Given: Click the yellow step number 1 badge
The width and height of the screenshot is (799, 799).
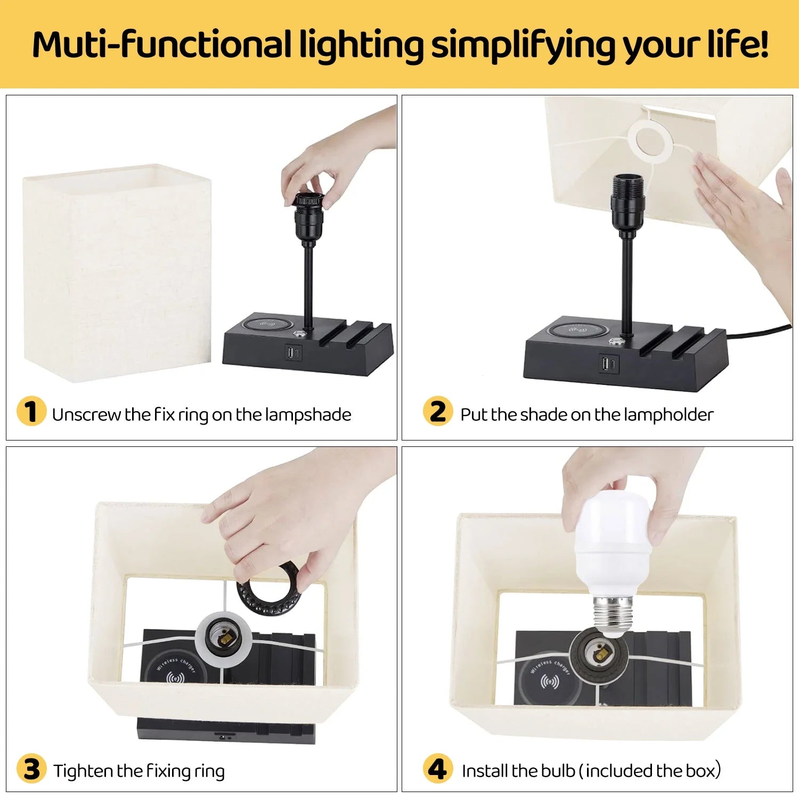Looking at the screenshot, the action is (31, 411).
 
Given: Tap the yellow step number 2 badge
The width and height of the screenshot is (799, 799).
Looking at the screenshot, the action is (438, 411).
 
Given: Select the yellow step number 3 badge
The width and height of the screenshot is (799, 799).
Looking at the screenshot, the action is (31, 769).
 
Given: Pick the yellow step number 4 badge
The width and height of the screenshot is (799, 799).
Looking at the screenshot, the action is (438, 769).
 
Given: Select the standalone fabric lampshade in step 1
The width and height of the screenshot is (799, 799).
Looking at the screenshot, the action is (117, 273).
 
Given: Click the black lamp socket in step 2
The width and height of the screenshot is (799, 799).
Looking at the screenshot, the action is (627, 203).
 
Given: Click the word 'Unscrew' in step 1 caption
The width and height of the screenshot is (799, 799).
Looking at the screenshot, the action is (86, 414).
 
